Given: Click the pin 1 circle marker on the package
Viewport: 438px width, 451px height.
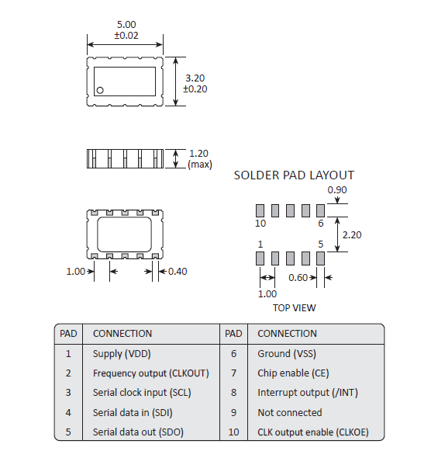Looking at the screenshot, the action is point(100,90).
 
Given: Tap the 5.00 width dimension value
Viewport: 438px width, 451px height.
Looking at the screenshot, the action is point(126,24).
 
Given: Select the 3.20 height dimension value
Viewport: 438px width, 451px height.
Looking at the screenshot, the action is point(195,78).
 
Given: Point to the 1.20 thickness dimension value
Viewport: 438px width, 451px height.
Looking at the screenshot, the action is point(198,153).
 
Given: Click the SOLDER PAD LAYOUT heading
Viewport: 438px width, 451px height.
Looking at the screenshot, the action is point(294,175).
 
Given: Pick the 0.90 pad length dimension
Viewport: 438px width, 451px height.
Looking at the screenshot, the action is point(337,190).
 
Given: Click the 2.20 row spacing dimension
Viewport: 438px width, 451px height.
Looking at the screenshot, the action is point(352,235).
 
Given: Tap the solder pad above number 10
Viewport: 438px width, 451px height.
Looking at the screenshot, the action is point(260,210).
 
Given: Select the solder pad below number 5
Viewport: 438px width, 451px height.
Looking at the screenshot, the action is point(320,258).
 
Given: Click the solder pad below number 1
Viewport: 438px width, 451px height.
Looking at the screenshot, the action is point(260,258).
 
